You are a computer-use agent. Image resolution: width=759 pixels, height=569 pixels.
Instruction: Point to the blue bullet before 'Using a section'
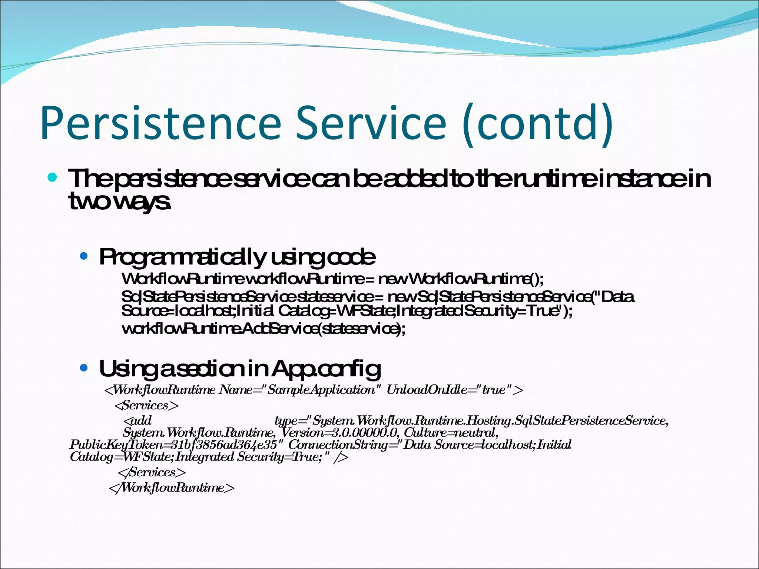click(84, 368)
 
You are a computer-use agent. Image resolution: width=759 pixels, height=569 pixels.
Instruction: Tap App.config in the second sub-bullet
click(326, 369)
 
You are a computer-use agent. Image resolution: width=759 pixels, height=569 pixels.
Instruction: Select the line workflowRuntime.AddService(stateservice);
click(263, 329)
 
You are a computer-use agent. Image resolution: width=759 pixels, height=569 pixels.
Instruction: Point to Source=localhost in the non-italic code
click(178, 311)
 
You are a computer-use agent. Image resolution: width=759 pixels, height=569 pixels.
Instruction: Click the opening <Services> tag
click(147, 405)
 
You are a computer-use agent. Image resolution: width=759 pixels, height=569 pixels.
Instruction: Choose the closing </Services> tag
click(151, 472)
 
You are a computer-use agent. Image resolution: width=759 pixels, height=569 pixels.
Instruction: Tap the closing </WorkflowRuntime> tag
click(172, 488)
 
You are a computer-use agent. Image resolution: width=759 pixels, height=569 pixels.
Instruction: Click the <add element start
click(137, 421)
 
